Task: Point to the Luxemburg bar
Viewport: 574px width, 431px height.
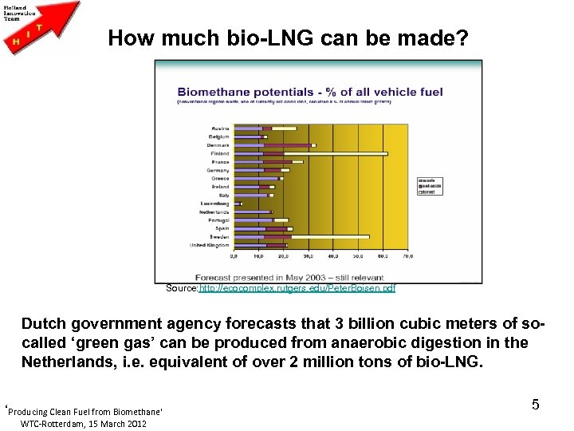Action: coord(238,204)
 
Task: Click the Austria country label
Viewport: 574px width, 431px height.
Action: coord(220,129)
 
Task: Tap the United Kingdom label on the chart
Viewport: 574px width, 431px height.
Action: coord(210,245)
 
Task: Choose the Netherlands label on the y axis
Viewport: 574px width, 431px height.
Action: coord(214,212)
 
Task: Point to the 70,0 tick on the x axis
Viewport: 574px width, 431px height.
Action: coord(407,257)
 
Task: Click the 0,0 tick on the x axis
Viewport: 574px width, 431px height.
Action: coord(234,257)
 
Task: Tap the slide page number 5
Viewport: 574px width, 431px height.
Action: coord(535,405)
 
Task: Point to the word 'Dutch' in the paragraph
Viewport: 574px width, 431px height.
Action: coord(45,325)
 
